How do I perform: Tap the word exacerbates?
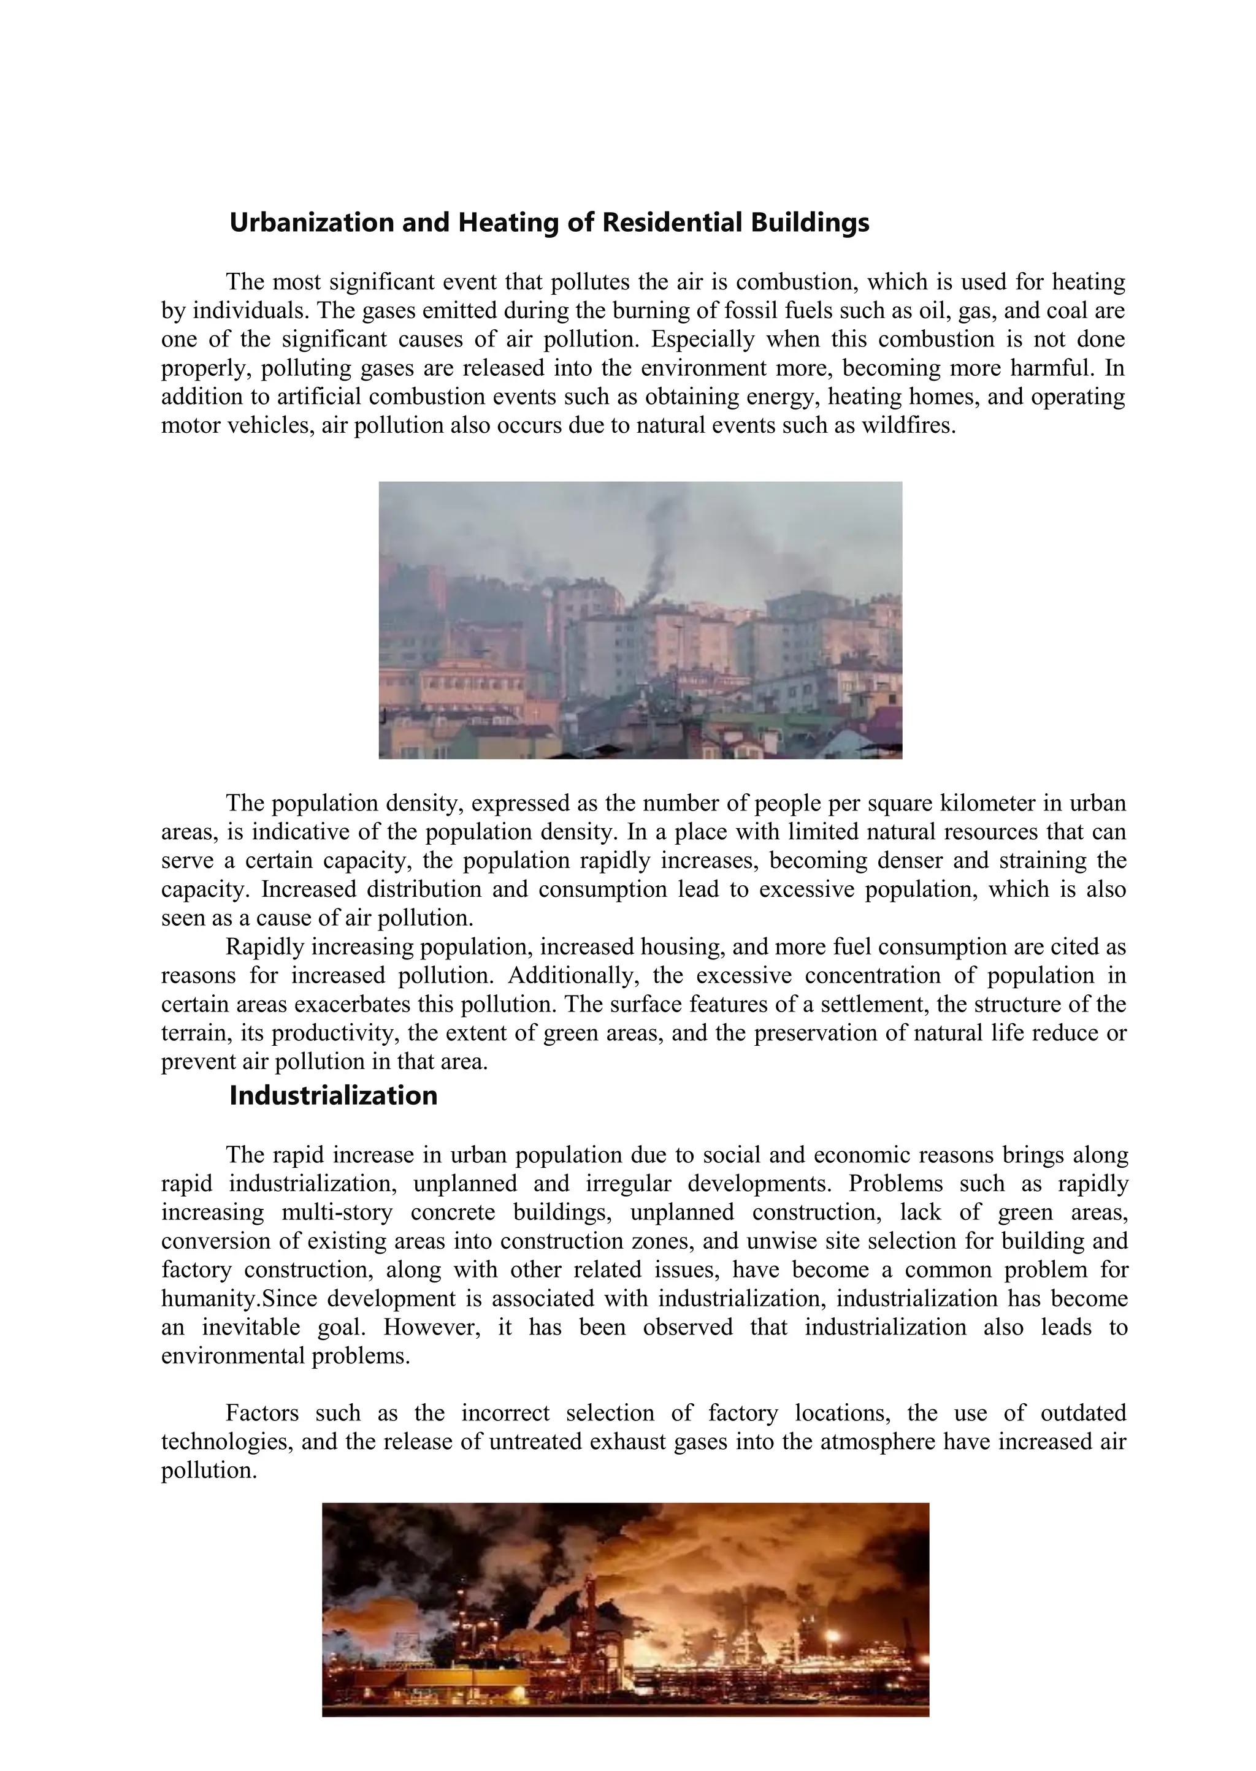[353, 1005]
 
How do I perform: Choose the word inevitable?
[251, 1328]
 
